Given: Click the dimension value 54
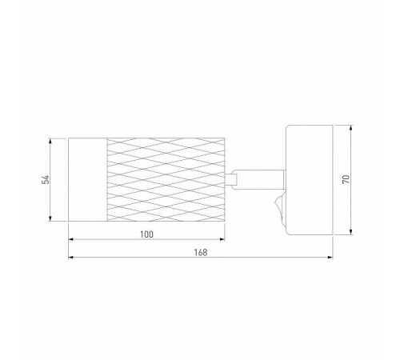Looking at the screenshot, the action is point(46,180).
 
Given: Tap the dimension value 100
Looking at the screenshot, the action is point(147,234).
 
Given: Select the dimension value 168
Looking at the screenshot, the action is point(201,252).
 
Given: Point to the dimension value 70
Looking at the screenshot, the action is point(346,179).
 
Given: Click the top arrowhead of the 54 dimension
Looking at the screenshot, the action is point(50,141).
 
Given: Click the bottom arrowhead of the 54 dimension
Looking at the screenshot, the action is point(50,218).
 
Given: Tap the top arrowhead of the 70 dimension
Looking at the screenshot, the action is point(351,128).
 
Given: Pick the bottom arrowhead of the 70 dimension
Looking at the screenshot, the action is point(351,232).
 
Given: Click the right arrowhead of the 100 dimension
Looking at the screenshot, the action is point(222,239).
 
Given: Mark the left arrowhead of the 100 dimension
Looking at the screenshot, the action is point(71,239).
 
